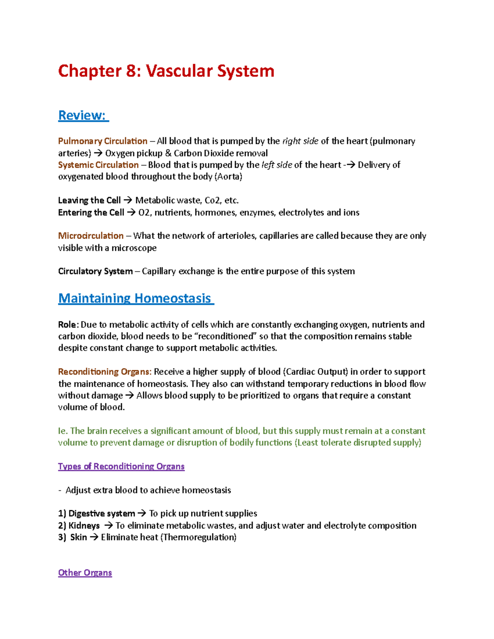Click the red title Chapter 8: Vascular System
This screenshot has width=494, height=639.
tap(166, 71)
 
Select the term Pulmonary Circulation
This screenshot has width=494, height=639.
tap(103, 141)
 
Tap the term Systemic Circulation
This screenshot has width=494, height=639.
tap(98, 165)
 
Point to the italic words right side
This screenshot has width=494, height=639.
tap(300, 141)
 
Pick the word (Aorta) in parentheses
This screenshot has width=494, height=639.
tap(229, 177)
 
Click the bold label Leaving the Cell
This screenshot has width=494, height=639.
tap(89, 200)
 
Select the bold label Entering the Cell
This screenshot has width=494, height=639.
tap(91, 213)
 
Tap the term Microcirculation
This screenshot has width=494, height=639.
tap(91, 236)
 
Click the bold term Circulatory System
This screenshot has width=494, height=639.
tap(96, 272)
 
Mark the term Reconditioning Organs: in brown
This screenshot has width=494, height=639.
tap(105, 372)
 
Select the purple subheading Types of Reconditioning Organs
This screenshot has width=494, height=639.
tap(121, 467)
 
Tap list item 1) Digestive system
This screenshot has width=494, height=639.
tap(97, 514)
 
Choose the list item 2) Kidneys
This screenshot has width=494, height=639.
tap(79, 526)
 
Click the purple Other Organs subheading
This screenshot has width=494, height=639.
tap(85, 573)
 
